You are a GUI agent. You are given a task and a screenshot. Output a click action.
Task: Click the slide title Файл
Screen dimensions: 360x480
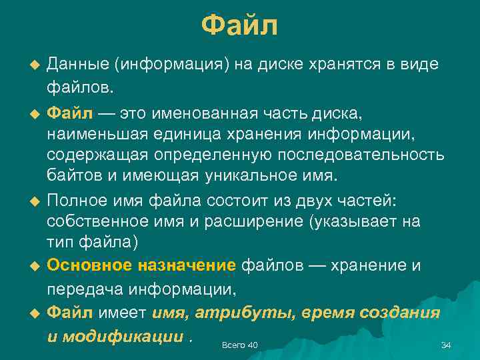[239, 27]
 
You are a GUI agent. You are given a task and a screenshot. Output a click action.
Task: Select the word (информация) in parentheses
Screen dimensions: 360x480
[172, 65]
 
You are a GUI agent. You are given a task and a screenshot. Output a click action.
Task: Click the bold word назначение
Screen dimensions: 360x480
[187, 265]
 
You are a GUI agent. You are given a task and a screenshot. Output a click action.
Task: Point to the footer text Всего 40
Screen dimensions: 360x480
[239, 345]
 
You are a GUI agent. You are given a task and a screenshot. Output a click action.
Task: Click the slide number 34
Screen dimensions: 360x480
[446, 345]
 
